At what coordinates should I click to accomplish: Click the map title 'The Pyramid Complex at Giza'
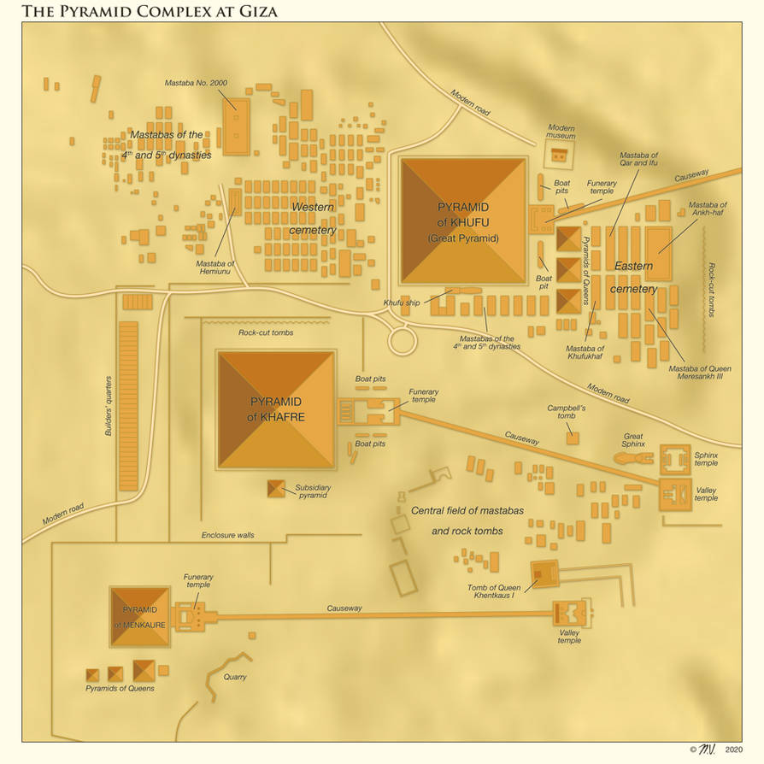[149, 11]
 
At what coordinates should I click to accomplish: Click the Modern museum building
[559, 155]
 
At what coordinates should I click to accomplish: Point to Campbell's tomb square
[572, 438]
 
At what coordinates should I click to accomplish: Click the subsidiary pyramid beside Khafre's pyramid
[276, 489]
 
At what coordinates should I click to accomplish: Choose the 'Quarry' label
[235, 677]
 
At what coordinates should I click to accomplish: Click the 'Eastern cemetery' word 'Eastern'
[633, 266]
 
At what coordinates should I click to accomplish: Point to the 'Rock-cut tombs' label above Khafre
[266, 332]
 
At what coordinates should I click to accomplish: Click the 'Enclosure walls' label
[227, 535]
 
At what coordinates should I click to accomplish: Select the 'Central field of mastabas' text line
[467, 510]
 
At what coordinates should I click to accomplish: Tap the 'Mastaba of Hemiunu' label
[215, 267]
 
